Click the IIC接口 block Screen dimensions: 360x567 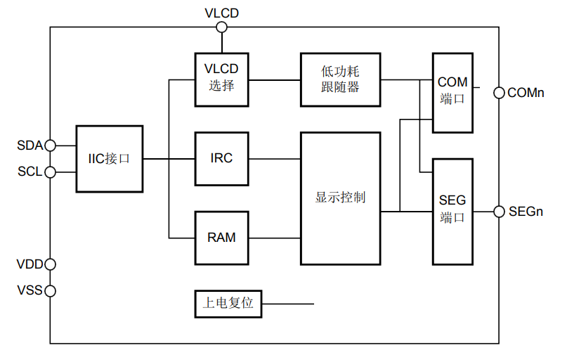[x=109, y=159]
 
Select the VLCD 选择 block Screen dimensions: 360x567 [x=221, y=78]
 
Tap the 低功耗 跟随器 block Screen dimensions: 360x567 [x=340, y=78]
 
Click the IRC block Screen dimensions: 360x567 [x=221, y=158]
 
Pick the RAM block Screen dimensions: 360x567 [x=221, y=238]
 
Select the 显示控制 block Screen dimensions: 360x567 [x=340, y=198]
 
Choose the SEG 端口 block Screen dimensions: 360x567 [x=452, y=210]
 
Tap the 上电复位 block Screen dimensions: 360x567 [x=228, y=304]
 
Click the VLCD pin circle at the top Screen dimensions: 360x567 [x=221, y=27]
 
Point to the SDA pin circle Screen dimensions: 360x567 [x=49, y=146]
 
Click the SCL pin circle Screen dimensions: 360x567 [x=49, y=172]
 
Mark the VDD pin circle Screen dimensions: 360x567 [x=49, y=264]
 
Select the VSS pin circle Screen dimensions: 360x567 [x=49, y=290]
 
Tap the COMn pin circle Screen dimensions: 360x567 [x=499, y=92]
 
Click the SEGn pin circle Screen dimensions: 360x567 [x=499, y=211]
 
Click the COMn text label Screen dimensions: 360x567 [x=526, y=92]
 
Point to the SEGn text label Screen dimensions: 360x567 [x=526, y=211]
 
